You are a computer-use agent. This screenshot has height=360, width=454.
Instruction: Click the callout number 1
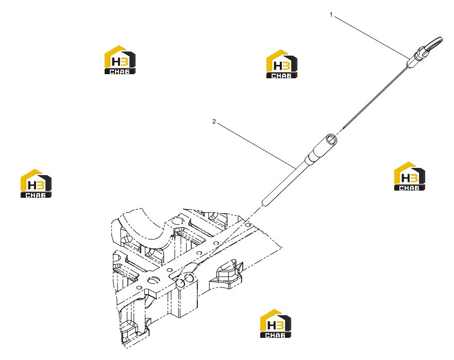331,15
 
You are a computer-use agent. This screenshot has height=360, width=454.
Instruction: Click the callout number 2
214,122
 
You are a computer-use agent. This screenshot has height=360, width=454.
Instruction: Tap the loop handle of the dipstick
434,43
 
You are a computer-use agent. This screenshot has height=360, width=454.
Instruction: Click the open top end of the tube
331,139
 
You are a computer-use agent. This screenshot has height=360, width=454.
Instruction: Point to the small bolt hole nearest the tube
247,224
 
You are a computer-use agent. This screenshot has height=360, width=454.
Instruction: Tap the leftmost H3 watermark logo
36,183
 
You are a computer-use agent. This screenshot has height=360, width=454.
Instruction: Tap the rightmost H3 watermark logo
409,176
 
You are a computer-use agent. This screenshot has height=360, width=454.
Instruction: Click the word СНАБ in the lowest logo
275,335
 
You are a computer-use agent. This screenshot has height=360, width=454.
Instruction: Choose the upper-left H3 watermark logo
120,60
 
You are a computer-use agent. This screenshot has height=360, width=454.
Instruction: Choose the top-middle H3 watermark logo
281,64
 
